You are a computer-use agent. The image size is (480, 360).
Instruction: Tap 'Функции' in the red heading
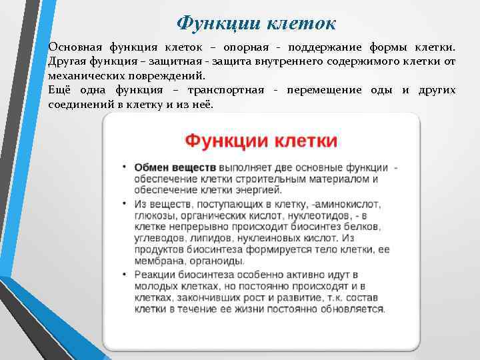pyautogui.click(x=219, y=141)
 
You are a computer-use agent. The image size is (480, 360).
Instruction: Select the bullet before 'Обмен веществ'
pyautogui.click(x=125, y=167)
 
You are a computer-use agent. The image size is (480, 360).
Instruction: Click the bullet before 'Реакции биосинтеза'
pyautogui.click(x=125, y=274)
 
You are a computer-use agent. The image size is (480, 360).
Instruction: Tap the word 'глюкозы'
pyautogui.click(x=154, y=215)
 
